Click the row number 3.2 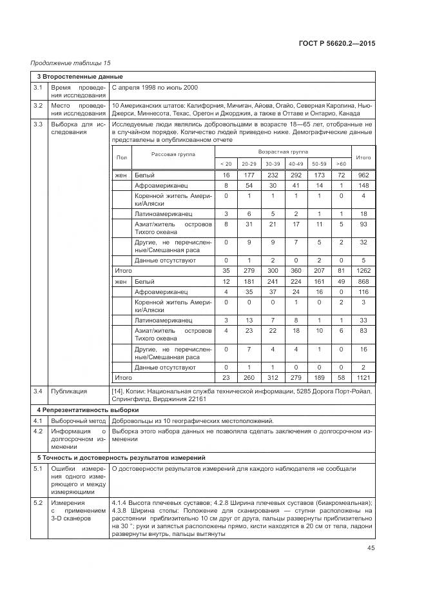point(38,104)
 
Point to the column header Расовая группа point(173,154)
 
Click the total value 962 point(363,175)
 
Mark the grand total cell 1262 point(363,272)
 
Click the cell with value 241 point(272,282)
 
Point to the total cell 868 point(363,282)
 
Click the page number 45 point(370,548)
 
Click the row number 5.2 point(38,502)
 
